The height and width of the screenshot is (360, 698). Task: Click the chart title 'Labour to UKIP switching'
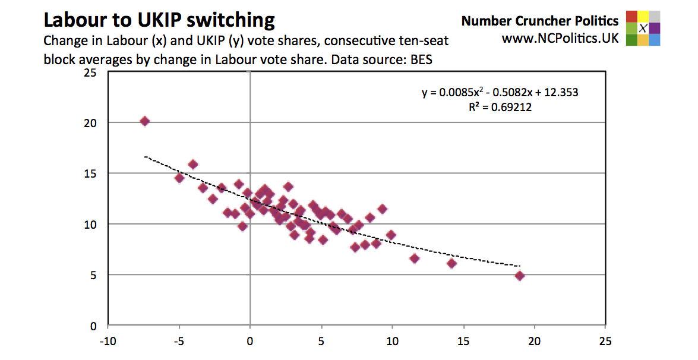coord(159,20)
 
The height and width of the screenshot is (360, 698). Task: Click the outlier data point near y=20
coord(144,121)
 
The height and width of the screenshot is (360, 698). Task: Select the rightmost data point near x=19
coord(520,276)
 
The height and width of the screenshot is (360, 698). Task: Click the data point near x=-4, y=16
coord(192,165)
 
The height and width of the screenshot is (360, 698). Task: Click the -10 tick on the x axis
coord(107,343)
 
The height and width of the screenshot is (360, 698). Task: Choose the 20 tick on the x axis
coord(534,343)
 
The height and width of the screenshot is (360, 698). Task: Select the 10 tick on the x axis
coord(391,343)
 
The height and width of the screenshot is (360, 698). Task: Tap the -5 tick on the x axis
coord(178,343)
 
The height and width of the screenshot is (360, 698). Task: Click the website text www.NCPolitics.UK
coord(560,39)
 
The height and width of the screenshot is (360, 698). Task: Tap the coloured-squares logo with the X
coord(643,28)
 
